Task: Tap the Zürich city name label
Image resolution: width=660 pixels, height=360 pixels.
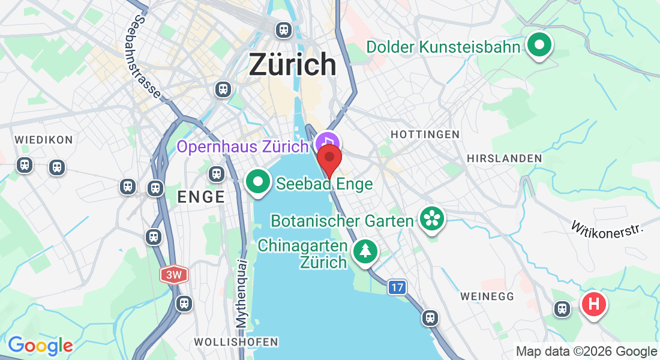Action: pyautogui.click(x=293, y=64)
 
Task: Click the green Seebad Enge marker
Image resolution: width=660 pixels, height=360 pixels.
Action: pyautogui.click(x=259, y=181)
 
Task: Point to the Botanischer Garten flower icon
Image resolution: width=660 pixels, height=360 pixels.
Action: pyautogui.click(x=431, y=219)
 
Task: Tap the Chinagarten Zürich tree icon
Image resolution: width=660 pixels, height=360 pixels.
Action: pyautogui.click(x=365, y=251)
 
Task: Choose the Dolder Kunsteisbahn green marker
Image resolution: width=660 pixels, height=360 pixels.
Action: pyautogui.click(x=539, y=45)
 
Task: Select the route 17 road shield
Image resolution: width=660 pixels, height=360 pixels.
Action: pyautogui.click(x=396, y=287)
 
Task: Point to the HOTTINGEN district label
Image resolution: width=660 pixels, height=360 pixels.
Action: pyautogui.click(x=425, y=134)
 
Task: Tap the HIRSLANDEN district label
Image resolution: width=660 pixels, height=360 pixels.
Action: pyautogui.click(x=504, y=158)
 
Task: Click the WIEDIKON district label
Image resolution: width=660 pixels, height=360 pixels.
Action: pyautogui.click(x=44, y=140)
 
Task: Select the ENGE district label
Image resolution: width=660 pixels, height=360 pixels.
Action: pyautogui.click(x=201, y=196)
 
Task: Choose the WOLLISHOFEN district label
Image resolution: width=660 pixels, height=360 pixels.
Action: pyautogui.click(x=236, y=341)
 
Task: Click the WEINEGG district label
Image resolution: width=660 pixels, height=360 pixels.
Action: pyautogui.click(x=487, y=296)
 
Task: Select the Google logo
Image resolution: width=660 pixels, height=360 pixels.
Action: pyautogui.click(x=40, y=345)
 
